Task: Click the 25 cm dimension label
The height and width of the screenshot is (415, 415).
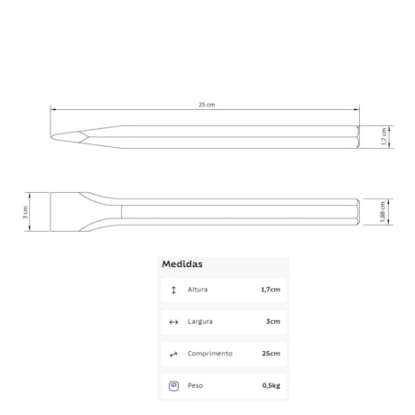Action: click(207, 105)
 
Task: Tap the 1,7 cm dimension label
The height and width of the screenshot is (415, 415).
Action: click(384, 136)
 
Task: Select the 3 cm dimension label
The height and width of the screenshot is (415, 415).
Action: click(25, 212)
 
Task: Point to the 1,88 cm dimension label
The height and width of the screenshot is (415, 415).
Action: click(383, 212)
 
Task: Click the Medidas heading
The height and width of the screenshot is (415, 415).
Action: click(182, 264)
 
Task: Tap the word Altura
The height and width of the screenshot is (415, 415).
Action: click(198, 290)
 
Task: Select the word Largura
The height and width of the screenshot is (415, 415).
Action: click(200, 321)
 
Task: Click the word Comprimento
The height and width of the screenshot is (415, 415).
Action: click(210, 354)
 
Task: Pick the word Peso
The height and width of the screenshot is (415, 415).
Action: click(195, 385)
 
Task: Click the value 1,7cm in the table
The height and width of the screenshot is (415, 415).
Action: click(271, 290)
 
